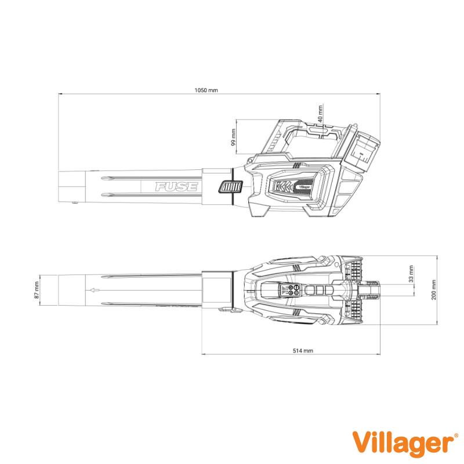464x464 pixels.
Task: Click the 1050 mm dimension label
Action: [206, 90]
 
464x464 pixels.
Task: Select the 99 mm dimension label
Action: [234, 137]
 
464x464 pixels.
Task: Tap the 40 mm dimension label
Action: [320, 114]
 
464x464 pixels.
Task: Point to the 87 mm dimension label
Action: [37, 290]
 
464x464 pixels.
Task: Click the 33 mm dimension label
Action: [411, 274]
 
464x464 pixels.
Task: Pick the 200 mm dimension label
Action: [433, 290]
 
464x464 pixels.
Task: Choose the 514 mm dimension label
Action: [303, 351]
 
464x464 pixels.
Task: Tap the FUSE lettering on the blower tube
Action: [176, 187]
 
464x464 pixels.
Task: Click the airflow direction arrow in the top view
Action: [94, 290]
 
